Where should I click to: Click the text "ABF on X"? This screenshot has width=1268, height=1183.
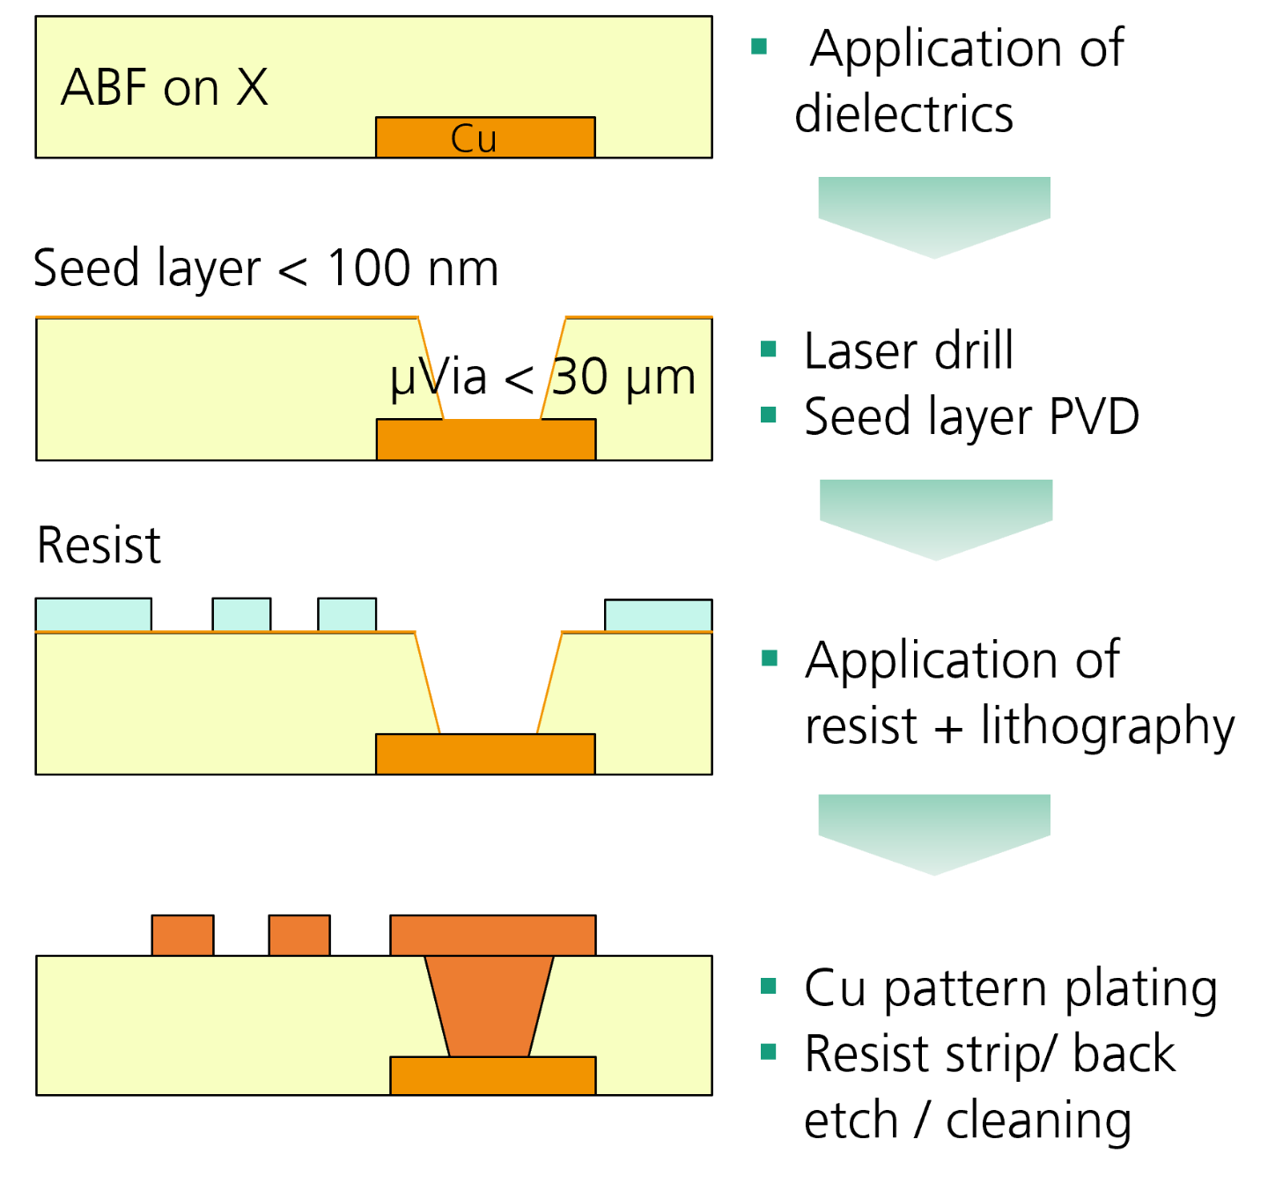click(x=164, y=88)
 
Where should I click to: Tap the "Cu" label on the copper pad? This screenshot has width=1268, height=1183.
click(x=474, y=139)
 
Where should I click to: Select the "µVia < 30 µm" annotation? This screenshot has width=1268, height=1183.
click(x=542, y=378)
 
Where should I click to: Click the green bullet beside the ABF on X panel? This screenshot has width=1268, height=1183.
click(x=759, y=47)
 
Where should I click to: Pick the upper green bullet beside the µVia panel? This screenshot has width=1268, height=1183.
click(x=769, y=349)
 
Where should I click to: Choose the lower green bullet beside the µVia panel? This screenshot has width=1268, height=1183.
click(x=769, y=415)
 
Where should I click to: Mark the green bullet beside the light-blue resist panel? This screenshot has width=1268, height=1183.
click(x=769, y=658)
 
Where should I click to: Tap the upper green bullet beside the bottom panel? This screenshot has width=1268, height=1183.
click(x=769, y=986)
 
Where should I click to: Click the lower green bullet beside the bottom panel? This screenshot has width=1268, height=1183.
click(x=769, y=1051)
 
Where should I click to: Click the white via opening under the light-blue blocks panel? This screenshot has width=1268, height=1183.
click(x=488, y=669)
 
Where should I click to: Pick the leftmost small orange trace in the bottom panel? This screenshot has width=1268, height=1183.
click(x=182, y=936)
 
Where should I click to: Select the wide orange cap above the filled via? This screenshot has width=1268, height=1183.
click(x=492, y=936)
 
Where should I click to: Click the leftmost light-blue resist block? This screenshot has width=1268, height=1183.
click(x=93, y=615)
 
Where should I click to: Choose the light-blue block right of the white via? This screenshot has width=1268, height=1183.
click(x=658, y=616)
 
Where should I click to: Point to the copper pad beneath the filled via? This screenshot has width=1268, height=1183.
click(x=492, y=1076)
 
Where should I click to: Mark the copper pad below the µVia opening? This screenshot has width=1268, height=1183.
click(x=486, y=439)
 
